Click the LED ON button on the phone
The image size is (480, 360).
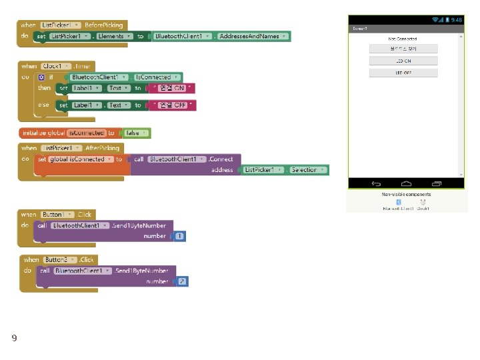coord(403,61)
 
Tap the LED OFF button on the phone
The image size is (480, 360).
coord(403,73)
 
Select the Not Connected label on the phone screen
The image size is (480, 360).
coord(403,39)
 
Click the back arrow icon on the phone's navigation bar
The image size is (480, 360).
coord(376,184)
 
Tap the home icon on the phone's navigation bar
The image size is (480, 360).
coord(406,184)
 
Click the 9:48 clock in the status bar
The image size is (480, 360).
coord(457,20)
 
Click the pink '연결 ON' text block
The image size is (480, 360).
coord(172,88)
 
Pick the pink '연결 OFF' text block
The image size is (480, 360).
coord(173,105)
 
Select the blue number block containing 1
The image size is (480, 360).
coord(180,236)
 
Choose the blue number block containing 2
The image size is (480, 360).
coord(181,282)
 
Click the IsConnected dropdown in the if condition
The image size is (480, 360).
coord(157,77)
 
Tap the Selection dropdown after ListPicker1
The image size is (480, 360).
coord(308,170)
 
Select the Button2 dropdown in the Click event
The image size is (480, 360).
coord(59,259)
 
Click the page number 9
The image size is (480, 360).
coord(14,339)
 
